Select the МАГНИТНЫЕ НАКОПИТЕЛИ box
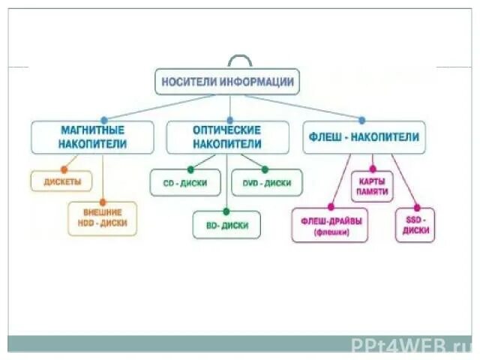92,136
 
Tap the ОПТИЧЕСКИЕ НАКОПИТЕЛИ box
227,136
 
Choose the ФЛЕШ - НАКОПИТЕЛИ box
364,137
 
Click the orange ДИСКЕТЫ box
61,181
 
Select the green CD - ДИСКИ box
184,182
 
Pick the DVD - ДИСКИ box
267,182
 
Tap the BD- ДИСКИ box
226,225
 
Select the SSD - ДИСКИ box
415,225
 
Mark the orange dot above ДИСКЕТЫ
64,169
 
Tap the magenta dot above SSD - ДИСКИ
417,207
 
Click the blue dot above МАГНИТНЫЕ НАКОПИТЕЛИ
103,120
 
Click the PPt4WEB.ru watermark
410,344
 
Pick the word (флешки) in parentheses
330,233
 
